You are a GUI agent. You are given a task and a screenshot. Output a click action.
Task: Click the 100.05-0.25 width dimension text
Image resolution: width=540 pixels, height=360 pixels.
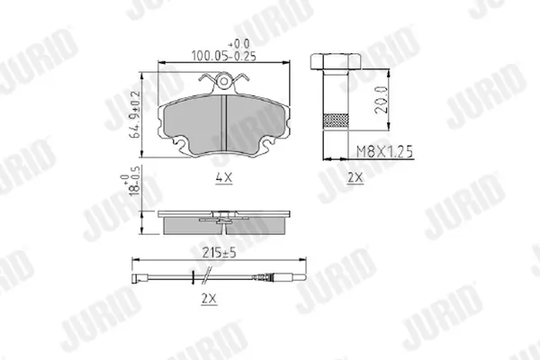tap(224, 56)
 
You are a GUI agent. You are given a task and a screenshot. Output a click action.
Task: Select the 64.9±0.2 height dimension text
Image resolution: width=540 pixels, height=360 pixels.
tap(135, 114)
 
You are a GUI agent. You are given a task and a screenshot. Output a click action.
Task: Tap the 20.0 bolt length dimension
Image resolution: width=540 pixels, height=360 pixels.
tap(382, 100)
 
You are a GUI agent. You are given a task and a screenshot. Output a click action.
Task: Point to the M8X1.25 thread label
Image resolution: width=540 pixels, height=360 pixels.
tap(384, 151)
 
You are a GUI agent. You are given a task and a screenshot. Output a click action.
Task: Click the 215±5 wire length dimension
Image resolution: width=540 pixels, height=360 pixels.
tap(219, 253)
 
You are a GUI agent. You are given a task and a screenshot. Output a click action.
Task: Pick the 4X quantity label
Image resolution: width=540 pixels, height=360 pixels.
tap(224, 178)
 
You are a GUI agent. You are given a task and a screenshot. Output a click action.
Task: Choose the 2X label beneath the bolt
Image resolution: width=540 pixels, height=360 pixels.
tap(355, 178)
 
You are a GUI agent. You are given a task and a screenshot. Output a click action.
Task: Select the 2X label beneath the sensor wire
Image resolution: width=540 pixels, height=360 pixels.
tap(210, 299)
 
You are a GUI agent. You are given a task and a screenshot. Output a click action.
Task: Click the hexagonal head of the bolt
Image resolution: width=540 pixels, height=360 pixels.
tap(335, 62)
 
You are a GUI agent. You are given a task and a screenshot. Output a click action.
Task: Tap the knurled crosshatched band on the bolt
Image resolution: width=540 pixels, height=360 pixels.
tap(336, 121)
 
